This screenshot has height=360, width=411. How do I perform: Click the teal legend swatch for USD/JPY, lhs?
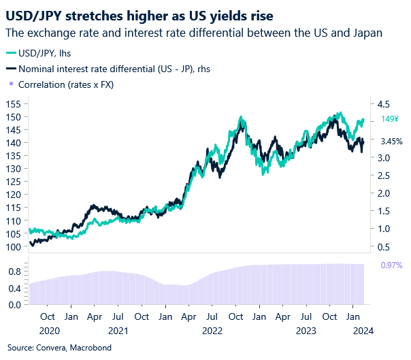11,52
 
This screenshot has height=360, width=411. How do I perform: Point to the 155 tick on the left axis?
13,103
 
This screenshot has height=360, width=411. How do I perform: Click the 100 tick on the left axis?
13,246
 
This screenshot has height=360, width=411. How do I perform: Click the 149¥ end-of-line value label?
390,119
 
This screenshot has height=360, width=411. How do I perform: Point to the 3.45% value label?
391,142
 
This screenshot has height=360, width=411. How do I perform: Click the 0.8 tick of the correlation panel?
14,271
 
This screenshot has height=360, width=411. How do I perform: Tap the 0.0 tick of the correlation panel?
14,304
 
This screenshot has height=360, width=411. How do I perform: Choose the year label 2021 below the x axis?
119,331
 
